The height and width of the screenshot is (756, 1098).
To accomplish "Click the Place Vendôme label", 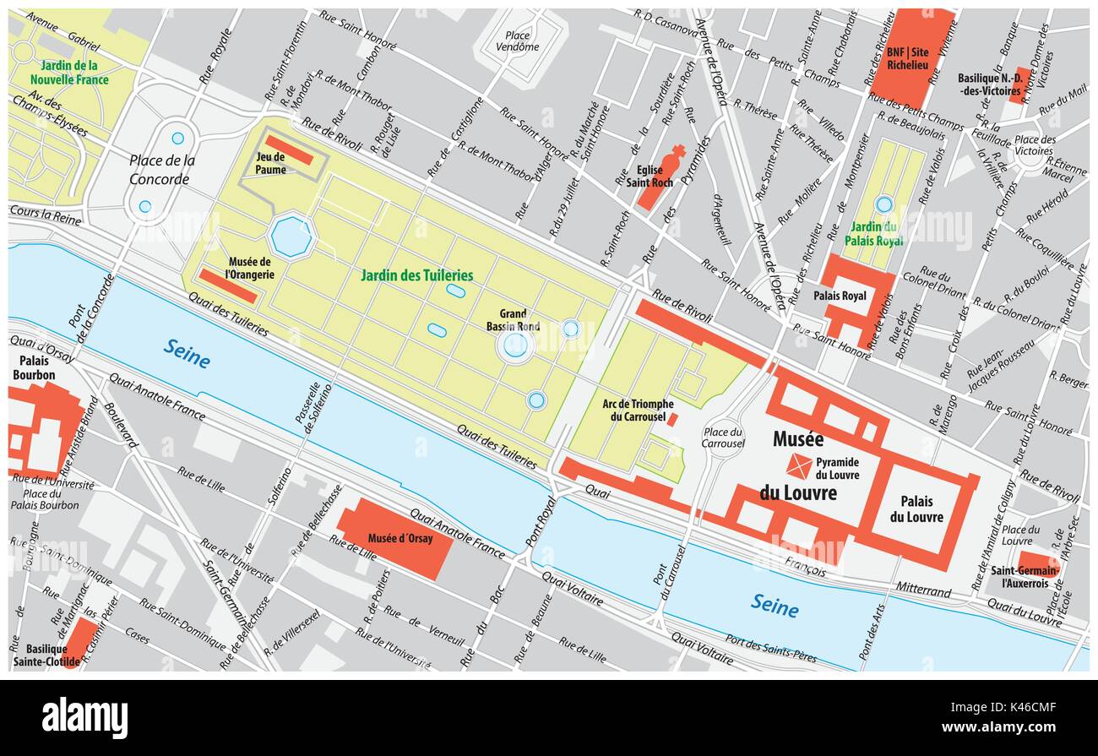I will click(x=517, y=41).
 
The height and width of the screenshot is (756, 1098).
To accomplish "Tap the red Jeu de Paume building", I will click(x=289, y=150).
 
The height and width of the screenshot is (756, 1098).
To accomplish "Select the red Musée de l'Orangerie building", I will click(x=228, y=286).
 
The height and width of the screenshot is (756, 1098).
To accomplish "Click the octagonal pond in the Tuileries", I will click(x=292, y=237).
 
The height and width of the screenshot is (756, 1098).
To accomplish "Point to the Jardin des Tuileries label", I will click(x=416, y=275).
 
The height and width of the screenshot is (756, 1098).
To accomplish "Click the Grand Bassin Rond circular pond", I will click(x=515, y=345).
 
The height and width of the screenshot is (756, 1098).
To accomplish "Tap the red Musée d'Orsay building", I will click(x=394, y=538).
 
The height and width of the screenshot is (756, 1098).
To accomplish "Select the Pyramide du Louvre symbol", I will click(x=799, y=465).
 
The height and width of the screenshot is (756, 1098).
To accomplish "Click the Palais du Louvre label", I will click(x=916, y=509).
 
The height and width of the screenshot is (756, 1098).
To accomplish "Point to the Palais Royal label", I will click(x=840, y=296).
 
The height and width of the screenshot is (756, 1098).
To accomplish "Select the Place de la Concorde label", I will click(x=161, y=170).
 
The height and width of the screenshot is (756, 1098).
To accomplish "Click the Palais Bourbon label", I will click(x=34, y=367).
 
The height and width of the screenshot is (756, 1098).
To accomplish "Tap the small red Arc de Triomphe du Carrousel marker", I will click(x=672, y=419).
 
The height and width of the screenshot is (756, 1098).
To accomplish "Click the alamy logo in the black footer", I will click(x=84, y=717).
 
